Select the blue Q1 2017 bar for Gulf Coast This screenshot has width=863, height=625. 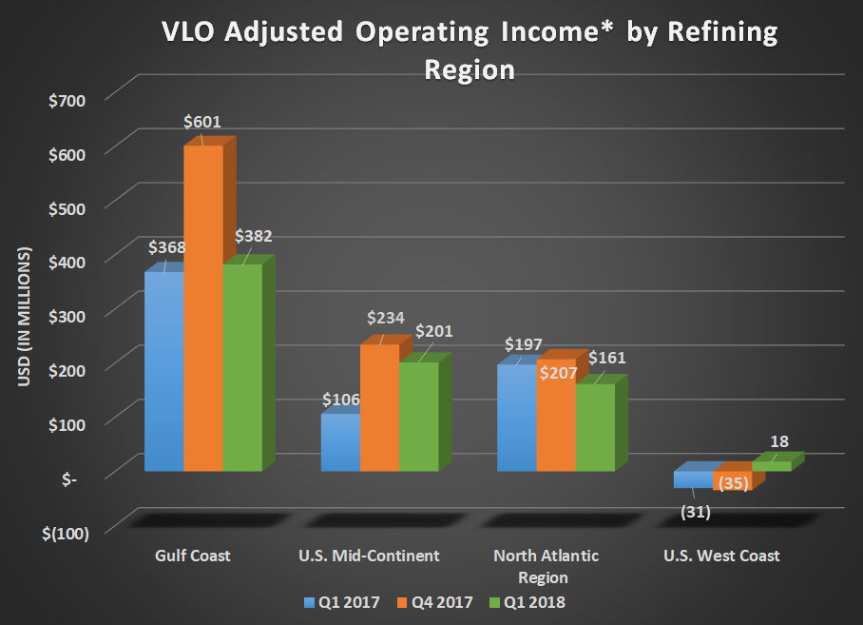coord(163,371)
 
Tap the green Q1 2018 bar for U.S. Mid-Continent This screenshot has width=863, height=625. coord(418,417)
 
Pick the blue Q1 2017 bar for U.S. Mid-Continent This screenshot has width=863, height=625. coord(340,442)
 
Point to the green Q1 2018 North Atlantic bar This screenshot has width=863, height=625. coord(595,427)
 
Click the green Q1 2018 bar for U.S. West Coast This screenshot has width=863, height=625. coord(771,466)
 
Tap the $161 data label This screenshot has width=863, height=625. coord(607,358)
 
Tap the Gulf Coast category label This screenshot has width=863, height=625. coord(193,556)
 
